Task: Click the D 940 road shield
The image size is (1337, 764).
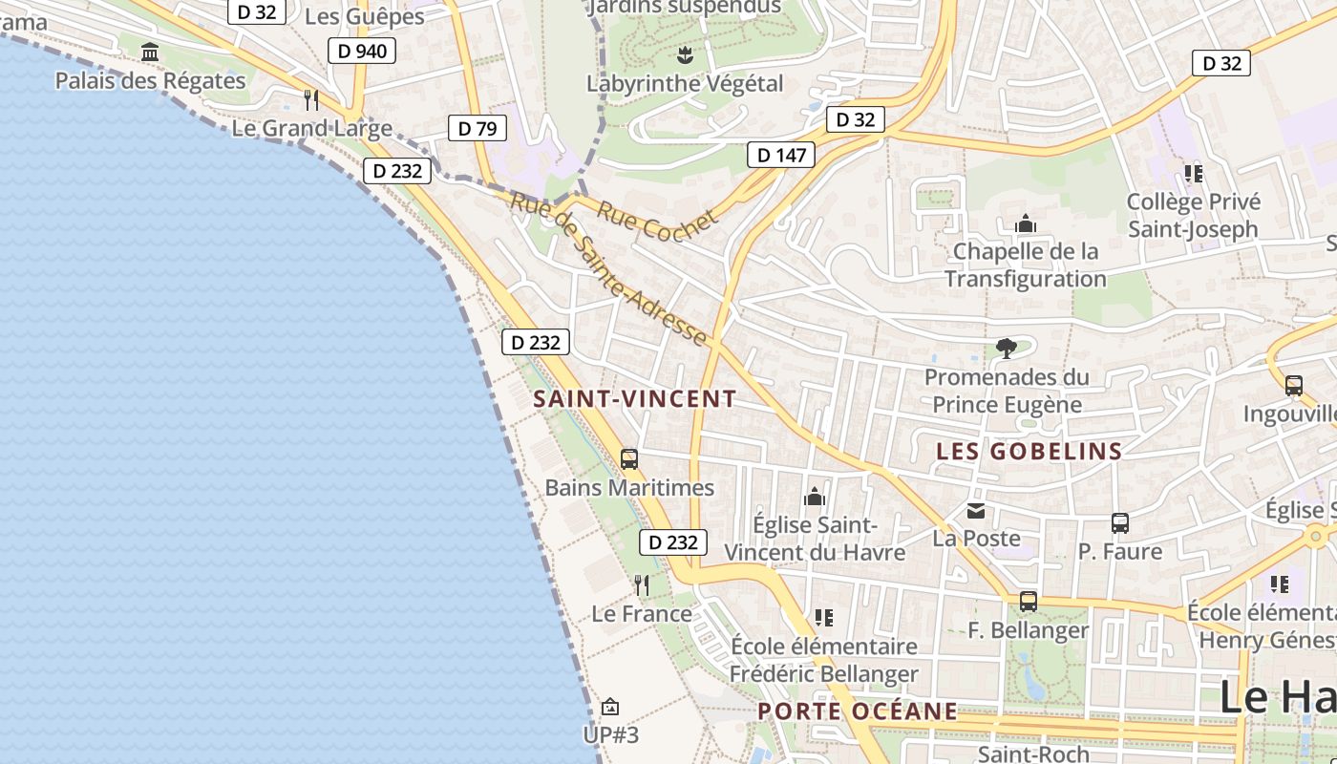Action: [x=362, y=51]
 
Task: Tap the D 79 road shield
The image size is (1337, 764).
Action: [x=477, y=128]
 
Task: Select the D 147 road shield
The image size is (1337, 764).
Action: [x=781, y=155]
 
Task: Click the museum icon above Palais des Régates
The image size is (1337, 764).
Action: [x=150, y=52]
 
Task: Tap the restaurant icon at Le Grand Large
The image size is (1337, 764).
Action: [x=310, y=99]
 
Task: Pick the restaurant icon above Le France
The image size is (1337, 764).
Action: [x=642, y=584]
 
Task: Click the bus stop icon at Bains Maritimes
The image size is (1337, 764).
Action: [x=629, y=459]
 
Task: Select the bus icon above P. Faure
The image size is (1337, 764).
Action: [x=1120, y=523]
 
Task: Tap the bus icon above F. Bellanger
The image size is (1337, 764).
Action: [x=1029, y=602]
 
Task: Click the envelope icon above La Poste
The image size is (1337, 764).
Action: [x=976, y=511]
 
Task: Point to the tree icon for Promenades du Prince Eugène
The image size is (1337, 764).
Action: [x=1006, y=349]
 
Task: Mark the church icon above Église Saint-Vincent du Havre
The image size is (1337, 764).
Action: [x=815, y=497]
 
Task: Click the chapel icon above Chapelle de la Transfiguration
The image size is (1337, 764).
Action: [x=1026, y=224]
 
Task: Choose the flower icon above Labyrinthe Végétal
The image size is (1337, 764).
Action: [x=684, y=54]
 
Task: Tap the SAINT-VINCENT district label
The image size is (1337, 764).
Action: [x=635, y=399]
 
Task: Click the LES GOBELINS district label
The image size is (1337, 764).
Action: [x=1029, y=452]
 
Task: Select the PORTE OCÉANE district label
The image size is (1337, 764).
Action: [x=858, y=711]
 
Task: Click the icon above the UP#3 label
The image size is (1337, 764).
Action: [x=610, y=708]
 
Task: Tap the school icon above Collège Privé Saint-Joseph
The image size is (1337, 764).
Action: [x=1193, y=174]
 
